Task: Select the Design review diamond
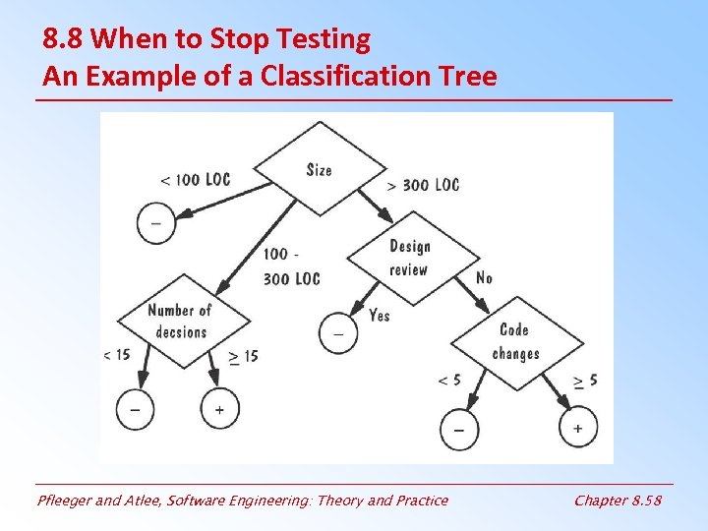tap(409, 258)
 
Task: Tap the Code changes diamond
tap(515, 341)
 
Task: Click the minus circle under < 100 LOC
tap(155, 223)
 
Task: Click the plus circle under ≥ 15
tap(219, 408)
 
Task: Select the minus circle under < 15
tap(135, 408)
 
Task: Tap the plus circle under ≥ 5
tap(577, 428)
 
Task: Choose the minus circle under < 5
tap(459, 430)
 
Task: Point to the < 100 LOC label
tap(195, 179)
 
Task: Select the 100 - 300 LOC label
tap(291, 266)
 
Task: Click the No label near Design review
tap(484, 278)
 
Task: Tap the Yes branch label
tap(379, 315)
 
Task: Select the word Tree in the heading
tap(467, 76)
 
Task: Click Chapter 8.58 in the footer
tap(618, 501)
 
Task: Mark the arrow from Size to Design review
tap(375, 206)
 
